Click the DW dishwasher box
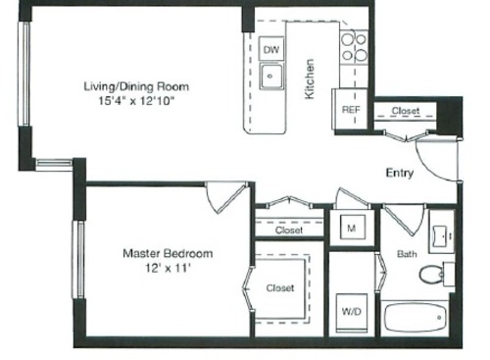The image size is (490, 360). (271, 49)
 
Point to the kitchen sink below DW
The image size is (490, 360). (271, 75)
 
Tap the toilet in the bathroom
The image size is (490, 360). (433, 275)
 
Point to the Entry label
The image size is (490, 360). (399, 173)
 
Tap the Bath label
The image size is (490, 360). (408, 253)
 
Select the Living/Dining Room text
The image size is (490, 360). (136, 86)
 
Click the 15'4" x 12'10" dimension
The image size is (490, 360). (136, 100)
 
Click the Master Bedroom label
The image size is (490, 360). (168, 253)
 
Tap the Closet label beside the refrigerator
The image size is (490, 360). (405, 111)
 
